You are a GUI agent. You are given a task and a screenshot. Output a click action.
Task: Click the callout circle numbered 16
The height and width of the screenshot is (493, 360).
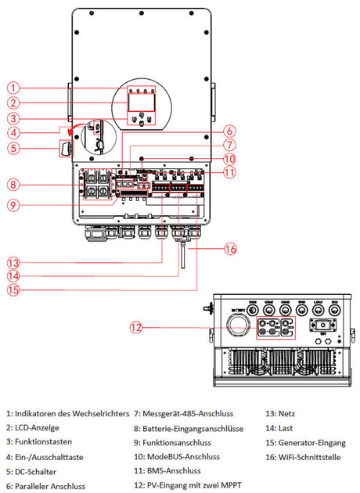[x=229, y=250]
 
